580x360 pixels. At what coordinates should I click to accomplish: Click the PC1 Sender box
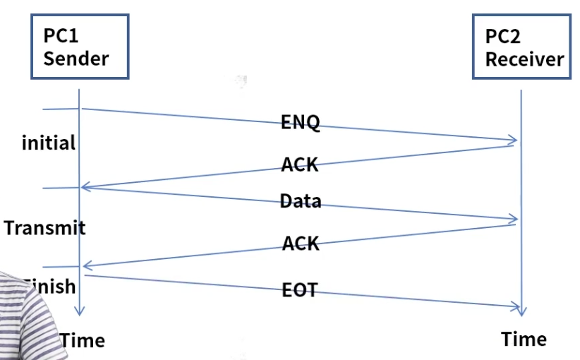79,45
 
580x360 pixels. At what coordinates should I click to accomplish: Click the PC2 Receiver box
521,45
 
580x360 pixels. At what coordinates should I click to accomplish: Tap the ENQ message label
301,122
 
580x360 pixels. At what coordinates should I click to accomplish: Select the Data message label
301,201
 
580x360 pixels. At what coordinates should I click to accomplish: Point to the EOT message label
300,289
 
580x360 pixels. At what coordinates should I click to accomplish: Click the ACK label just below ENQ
301,165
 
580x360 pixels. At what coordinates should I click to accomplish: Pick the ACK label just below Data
301,244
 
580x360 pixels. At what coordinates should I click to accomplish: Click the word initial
49,143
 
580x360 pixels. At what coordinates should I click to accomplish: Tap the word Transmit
44,228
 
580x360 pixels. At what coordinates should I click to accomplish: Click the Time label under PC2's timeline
524,339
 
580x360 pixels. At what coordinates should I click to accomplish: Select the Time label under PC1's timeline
83,341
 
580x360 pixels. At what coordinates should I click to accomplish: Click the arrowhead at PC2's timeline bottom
521,311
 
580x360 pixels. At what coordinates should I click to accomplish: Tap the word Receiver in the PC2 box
524,59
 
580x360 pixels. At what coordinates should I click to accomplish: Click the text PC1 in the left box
61,36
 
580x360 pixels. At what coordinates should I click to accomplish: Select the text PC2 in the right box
503,37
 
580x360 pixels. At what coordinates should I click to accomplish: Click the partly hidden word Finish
51,287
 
